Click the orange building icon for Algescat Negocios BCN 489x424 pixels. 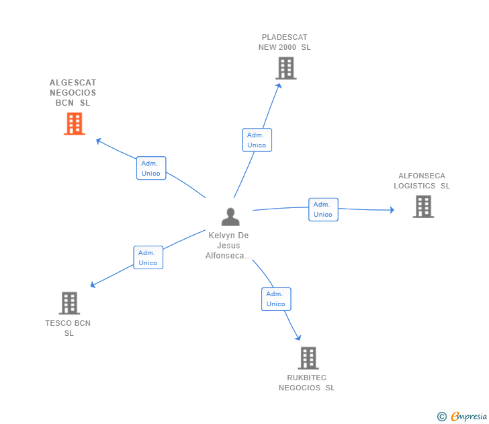pos(74,124)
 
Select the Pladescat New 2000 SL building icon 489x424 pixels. pos(285,68)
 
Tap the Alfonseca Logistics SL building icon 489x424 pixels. pos(423,207)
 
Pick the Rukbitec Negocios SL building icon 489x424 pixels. pos(308,358)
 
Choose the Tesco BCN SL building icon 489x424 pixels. pos(69,304)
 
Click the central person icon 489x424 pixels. pos(230,217)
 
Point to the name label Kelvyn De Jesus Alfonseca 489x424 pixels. pos(228,246)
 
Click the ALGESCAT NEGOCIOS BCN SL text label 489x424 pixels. pos(73,93)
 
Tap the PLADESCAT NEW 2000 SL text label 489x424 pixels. pos(285,42)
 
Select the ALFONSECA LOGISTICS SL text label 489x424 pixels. pos(422,181)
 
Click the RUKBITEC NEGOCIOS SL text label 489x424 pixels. pos(306,383)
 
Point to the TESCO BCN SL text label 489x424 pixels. pos(68,328)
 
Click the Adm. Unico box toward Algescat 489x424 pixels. pos(151,168)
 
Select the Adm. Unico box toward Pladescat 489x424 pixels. pos(257,140)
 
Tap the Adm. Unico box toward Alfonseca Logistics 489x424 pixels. pos(323,209)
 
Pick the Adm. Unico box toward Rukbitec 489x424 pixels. pos(276,299)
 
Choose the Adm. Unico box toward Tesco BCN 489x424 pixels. pos(148,258)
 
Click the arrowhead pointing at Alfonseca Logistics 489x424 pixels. pos(392,210)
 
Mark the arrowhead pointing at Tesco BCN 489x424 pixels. pos(93,285)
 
